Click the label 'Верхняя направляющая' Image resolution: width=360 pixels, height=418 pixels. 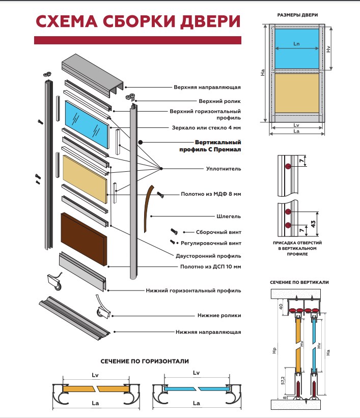tap(207, 88)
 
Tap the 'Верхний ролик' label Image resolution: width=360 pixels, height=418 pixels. tap(219, 101)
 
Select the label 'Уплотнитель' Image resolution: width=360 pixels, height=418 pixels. tap(224, 169)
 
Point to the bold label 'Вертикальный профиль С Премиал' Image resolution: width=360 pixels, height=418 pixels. tap(210, 146)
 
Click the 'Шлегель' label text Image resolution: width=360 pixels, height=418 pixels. tap(229, 217)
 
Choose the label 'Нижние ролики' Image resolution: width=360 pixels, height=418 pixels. tap(219, 316)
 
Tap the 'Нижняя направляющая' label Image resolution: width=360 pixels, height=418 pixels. tap(208, 332)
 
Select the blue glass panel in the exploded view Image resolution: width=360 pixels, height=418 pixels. tap(87, 124)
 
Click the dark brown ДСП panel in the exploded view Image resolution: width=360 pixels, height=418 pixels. tap(84, 239)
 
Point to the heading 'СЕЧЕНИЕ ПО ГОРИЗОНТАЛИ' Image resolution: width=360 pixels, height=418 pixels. tap(145, 361)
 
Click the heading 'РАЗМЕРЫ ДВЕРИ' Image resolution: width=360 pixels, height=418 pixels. tap(297, 15)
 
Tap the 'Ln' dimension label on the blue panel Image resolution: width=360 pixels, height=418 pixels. tap(296, 44)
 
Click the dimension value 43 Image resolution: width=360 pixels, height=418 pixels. tap(313, 224)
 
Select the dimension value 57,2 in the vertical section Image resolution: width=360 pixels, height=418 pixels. tap(283, 380)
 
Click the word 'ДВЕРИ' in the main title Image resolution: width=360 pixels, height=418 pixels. tap(210, 22)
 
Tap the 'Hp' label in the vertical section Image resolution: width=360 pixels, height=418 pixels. tap(274, 350)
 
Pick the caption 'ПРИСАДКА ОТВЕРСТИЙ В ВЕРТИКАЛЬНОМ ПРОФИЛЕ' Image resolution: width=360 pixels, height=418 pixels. tap(297, 248)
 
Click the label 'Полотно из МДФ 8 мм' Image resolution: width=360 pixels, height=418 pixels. tap(211, 194)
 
